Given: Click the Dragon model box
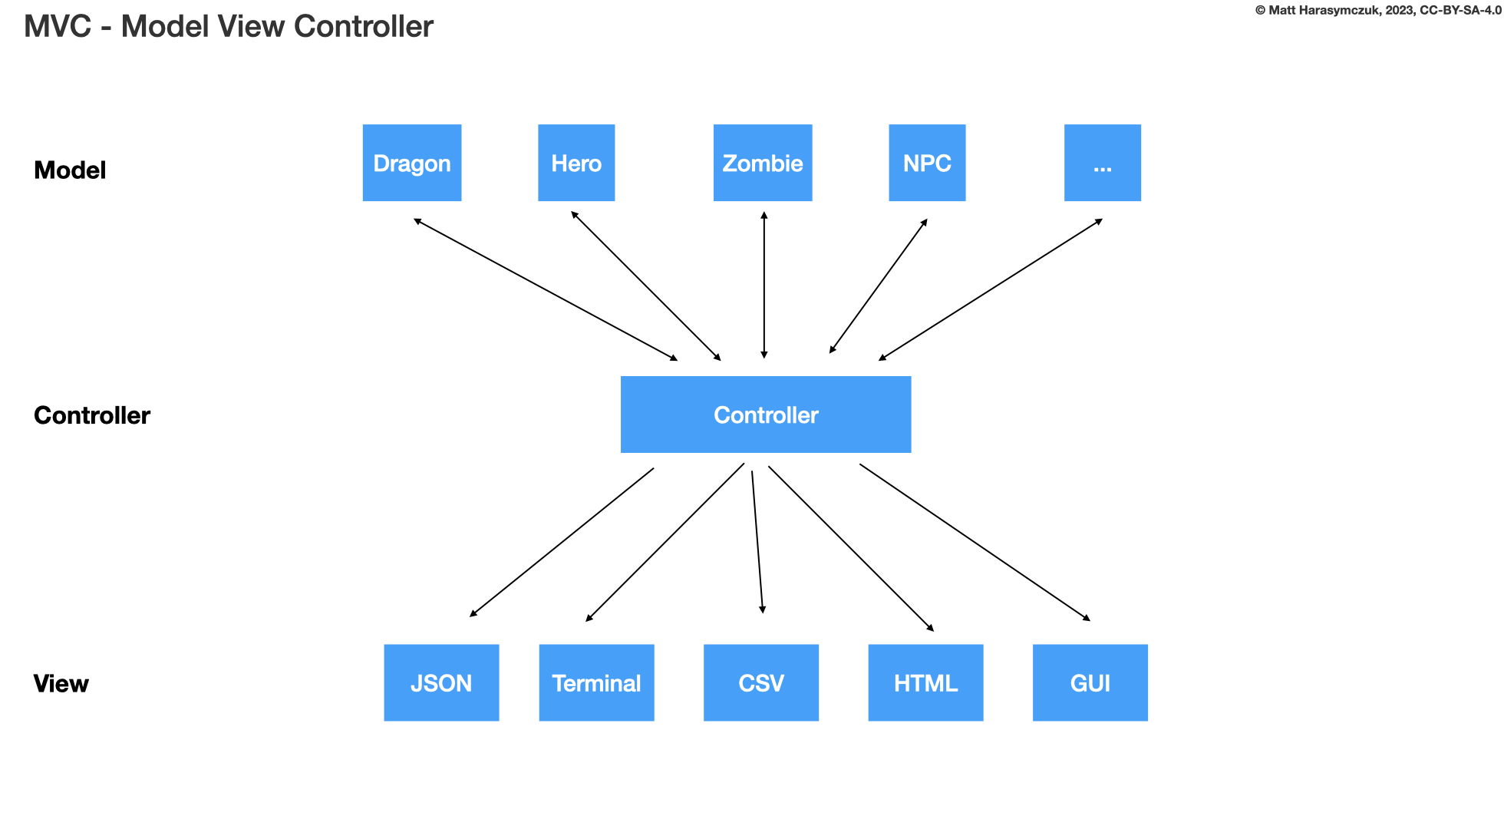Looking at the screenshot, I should (x=412, y=163).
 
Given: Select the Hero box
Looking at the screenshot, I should (x=576, y=163).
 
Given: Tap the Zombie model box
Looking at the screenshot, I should (x=763, y=163).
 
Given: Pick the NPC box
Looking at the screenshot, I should (x=927, y=163).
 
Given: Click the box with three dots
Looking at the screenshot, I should (x=1103, y=163).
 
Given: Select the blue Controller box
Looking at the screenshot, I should (x=766, y=414).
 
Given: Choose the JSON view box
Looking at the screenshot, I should (x=441, y=682).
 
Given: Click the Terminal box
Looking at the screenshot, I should (x=596, y=682).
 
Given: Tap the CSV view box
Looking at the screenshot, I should (x=761, y=682).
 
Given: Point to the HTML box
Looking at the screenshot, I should (x=925, y=682).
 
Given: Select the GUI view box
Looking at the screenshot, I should (x=1090, y=682).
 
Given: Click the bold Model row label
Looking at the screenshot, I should (x=70, y=170).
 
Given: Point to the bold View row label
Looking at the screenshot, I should (x=61, y=683).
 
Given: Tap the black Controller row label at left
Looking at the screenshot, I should (x=92, y=415).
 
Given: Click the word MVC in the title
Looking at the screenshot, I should (x=58, y=27).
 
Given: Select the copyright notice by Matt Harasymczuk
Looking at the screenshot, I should (x=1378, y=11).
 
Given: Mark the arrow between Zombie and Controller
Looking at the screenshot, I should (x=764, y=285).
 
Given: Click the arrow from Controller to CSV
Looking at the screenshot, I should (x=757, y=542).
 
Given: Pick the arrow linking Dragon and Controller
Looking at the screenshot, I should (x=546, y=289).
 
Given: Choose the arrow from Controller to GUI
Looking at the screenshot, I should (x=975, y=542).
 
